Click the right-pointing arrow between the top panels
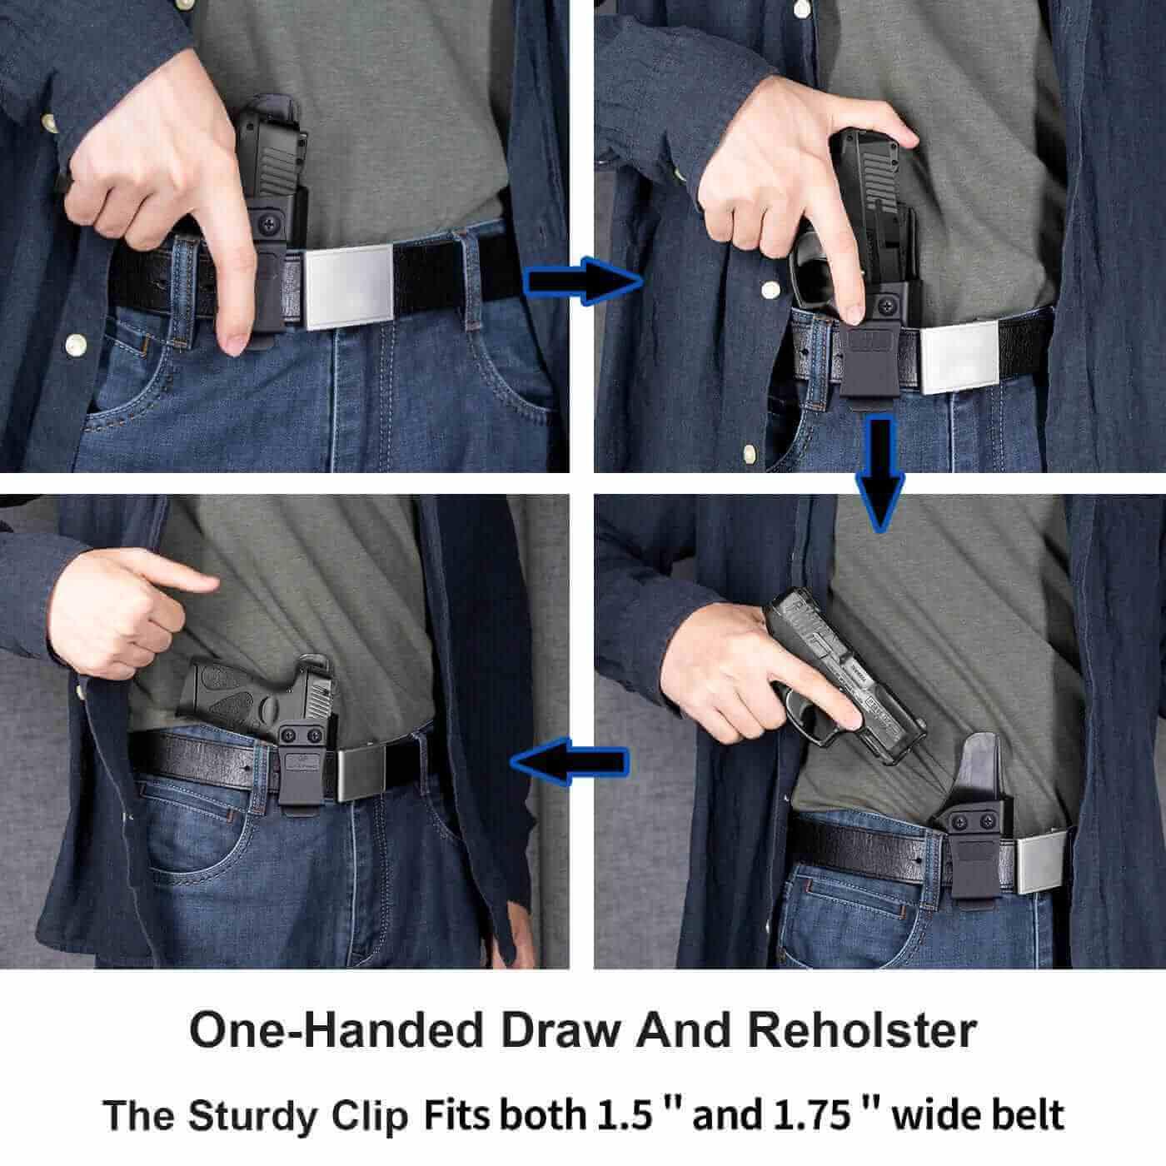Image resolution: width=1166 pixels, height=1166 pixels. [583, 281]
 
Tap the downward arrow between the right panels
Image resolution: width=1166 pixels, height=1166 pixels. [879, 475]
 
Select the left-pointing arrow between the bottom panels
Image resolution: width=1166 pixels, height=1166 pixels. [570, 762]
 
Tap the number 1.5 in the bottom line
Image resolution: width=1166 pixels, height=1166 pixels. [623, 1114]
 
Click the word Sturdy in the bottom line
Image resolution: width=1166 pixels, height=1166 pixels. [252, 1116]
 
